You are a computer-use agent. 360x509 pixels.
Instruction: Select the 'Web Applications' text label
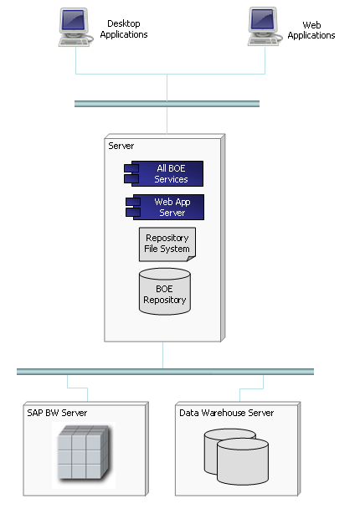(311, 30)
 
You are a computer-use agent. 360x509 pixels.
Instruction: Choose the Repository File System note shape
(167, 244)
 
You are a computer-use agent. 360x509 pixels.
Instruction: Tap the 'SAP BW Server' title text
(58, 413)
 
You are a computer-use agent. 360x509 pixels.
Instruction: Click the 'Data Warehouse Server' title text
(226, 413)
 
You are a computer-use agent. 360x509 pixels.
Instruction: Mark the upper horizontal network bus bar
(167, 104)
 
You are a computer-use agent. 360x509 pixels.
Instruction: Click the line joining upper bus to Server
(167, 120)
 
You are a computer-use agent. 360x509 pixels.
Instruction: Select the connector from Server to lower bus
(163, 355)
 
